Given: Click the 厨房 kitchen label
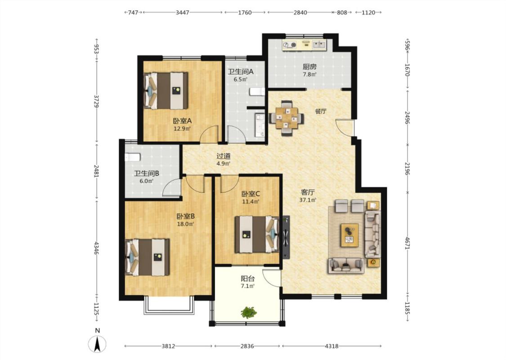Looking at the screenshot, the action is [309, 67].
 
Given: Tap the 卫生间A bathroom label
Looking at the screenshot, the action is [241, 72].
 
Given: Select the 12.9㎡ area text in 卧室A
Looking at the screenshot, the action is [182, 129].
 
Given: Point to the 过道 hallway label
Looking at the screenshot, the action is [223, 156].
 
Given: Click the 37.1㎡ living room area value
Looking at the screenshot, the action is [308, 200].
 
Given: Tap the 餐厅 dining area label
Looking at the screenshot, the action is [320, 112].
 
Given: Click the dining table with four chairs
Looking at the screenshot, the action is [286, 118].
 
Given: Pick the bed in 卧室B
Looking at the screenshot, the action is [148, 257].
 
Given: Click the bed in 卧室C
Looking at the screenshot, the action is [257, 234].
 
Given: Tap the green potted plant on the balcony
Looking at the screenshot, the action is [249, 312].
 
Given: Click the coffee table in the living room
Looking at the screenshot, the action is [349, 235].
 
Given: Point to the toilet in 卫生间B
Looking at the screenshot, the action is [133, 157].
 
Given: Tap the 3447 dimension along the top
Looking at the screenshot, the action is [182, 13].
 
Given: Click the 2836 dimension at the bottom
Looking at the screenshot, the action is [247, 346].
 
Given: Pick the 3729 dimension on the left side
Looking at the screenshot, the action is [96, 101].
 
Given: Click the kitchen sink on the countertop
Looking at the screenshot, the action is [319, 45].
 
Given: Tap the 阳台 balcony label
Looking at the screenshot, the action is [248, 279].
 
